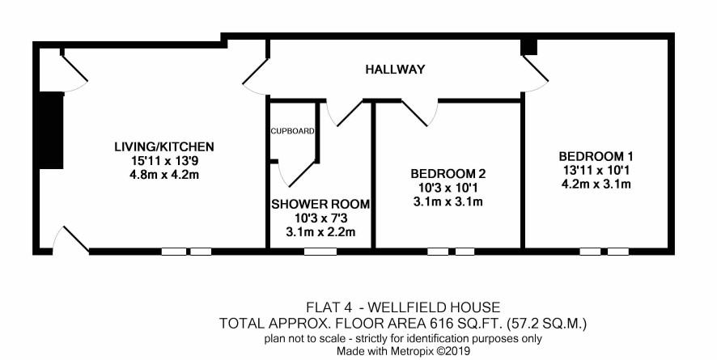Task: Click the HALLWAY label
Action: (x=395, y=70)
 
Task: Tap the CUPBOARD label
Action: (x=293, y=131)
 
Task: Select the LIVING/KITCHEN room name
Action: (x=164, y=146)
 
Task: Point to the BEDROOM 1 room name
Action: (x=596, y=156)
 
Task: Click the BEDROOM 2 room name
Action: (x=448, y=174)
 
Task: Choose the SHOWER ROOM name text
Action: (x=320, y=204)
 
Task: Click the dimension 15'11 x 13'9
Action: (x=164, y=161)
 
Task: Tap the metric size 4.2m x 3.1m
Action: (x=596, y=184)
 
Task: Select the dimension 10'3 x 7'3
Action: (x=320, y=218)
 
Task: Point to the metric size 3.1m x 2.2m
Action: (x=320, y=232)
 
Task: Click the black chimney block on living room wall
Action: (x=51, y=130)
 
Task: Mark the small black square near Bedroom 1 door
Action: (x=530, y=47)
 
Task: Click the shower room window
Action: (x=320, y=252)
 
